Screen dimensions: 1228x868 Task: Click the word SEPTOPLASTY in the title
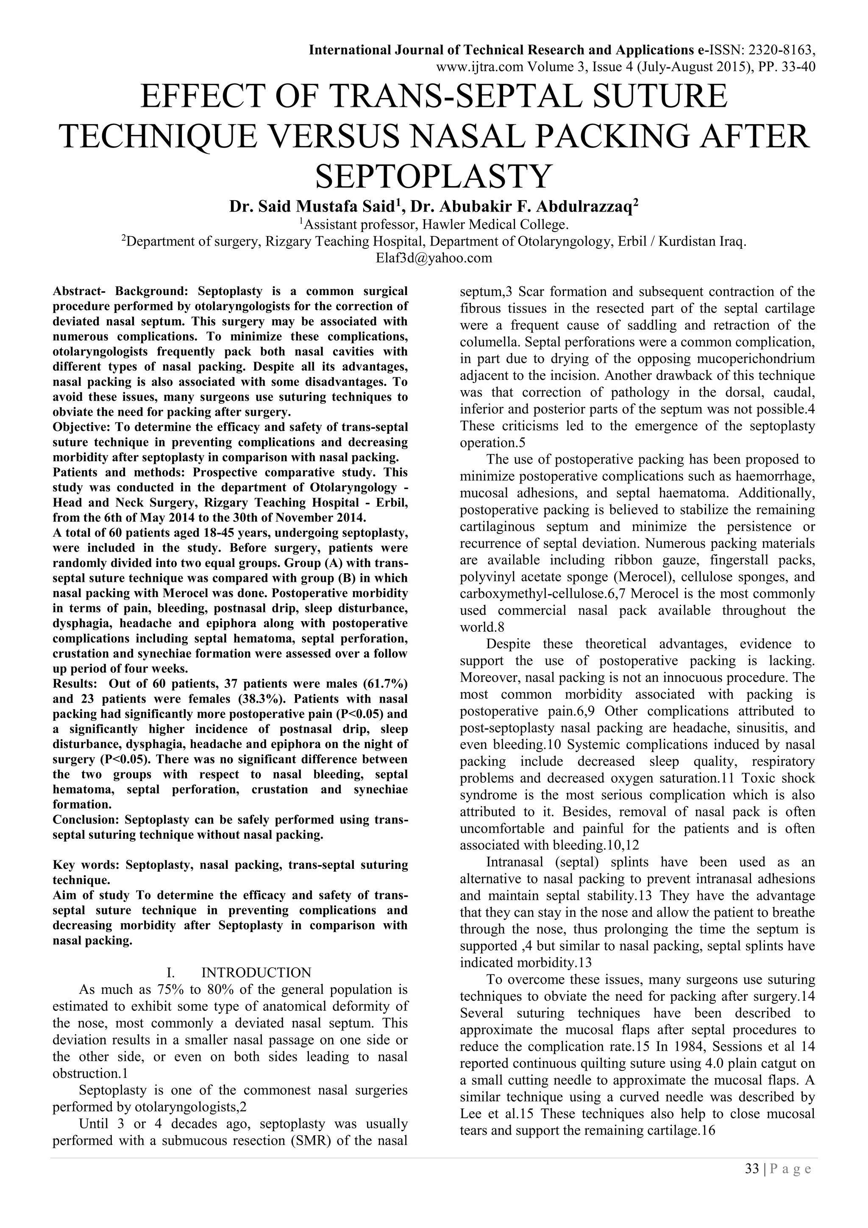(x=434, y=176)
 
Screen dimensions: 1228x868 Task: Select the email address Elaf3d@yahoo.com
(x=434, y=258)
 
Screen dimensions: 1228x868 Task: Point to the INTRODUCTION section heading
(x=256, y=972)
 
